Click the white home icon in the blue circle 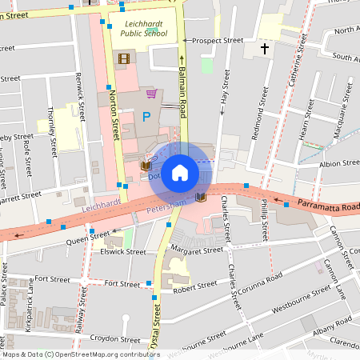(180, 173)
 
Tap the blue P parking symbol (146, 118)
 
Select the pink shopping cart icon (150, 94)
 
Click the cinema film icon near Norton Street (123, 58)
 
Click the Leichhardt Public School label (146, 30)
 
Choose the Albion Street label (339, 162)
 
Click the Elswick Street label (125, 251)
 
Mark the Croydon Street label (110, 338)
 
